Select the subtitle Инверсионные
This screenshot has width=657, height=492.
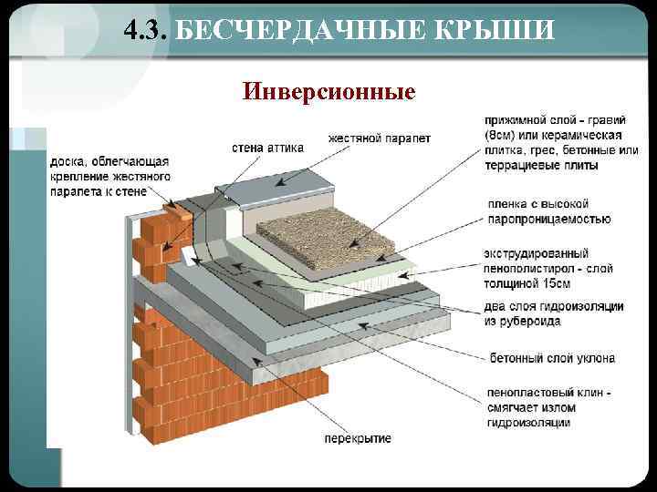tap(328, 92)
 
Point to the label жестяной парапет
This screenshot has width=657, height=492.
tap(380, 138)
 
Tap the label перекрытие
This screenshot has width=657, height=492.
tap(358, 438)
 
